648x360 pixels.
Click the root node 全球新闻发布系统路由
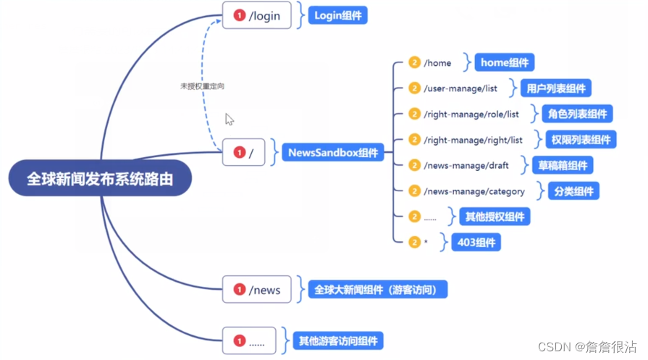click(x=100, y=178)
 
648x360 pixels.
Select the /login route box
click(x=256, y=15)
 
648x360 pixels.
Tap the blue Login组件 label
click(x=337, y=15)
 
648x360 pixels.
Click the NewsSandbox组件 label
click(x=333, y=153)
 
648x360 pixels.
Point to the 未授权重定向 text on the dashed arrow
click(x=202, y=85)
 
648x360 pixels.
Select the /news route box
click(x=256, y=290)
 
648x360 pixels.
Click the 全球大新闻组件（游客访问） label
click(x=377, y=290)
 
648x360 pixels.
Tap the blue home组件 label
click(x=505, y=63)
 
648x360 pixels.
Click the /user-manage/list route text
click(x=460, y=88)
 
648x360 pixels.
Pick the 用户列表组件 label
click(x=556, y=88)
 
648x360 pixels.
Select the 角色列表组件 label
click(x=578, y=114)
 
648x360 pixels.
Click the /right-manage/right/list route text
click(x=473, y=140)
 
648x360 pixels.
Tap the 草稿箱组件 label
click(x=562, y=165)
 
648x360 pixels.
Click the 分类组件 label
click(x=573, y=191)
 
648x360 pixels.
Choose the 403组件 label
click(x=476, y=242)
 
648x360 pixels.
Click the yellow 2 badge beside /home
click(x=414, y=63)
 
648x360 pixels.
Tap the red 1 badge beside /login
click(x=239, y=15)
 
